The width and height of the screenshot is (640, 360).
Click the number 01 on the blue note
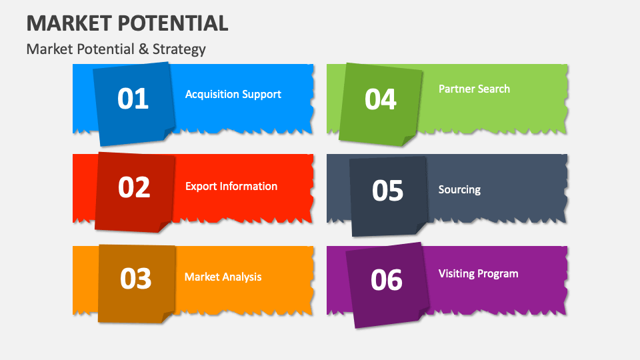point(133,99)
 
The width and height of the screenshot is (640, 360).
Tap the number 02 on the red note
point(134,187)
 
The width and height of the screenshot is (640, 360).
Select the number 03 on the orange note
point(135,278)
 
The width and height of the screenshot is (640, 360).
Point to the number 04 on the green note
point(381,99)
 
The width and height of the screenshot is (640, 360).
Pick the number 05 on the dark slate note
point(387,191)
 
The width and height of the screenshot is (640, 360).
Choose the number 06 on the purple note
point(387,280)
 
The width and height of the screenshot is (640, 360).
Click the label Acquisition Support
point(233,94)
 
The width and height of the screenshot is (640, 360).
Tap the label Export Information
point(231,186)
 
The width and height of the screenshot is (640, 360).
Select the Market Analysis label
point(223,277)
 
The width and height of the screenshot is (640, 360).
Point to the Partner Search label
point(474,89)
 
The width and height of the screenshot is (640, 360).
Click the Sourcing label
point(459,189)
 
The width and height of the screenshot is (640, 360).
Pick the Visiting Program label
point(478,273)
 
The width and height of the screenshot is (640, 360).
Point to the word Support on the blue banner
point(261,95)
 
